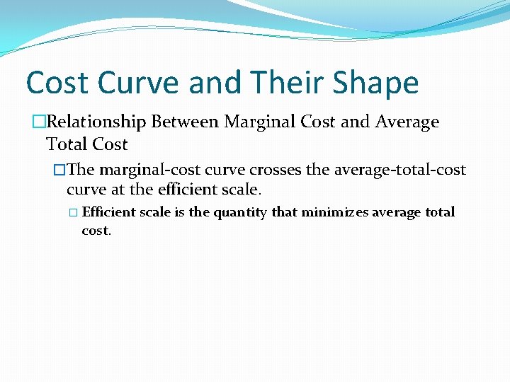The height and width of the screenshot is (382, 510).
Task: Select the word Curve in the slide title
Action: click(141, 83)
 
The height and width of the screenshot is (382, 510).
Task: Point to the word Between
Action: click(185, 122)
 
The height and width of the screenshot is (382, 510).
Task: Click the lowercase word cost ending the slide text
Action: click(96, 231)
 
